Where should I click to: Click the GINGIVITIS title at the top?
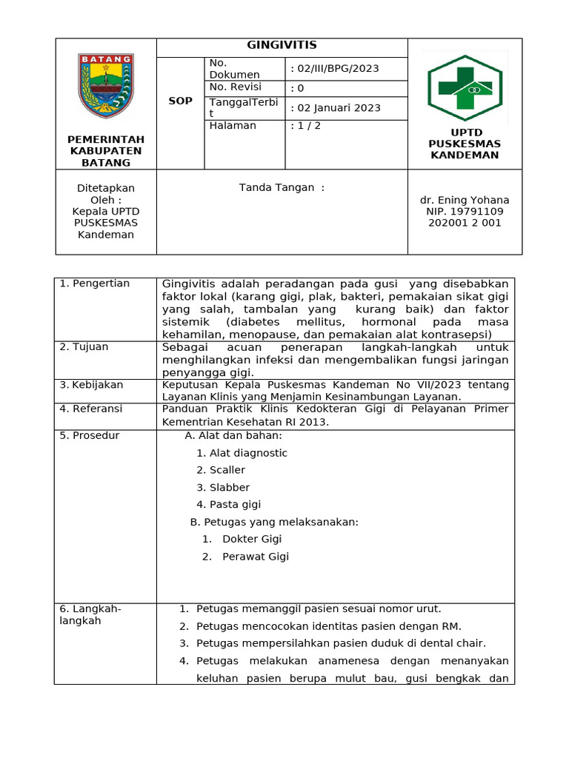[x=282, y=45]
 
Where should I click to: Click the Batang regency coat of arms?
[x=106, y=85]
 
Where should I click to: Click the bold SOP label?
[x=180, y=101]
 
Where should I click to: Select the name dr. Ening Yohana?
[x=465, y=201]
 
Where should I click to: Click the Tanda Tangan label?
[x=282, y=188]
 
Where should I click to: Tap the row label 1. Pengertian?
[x=94, y=284]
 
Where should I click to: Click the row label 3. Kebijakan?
[x=91, y=385]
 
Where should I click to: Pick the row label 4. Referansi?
[x=91, y=409]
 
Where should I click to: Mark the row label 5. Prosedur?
[x=89, y=435]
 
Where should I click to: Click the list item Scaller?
[x=227, y=470]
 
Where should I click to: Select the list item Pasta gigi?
[x=235, y=505]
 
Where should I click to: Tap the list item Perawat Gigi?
[x=256, y=557]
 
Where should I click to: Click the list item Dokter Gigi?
[x=252, y=540]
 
